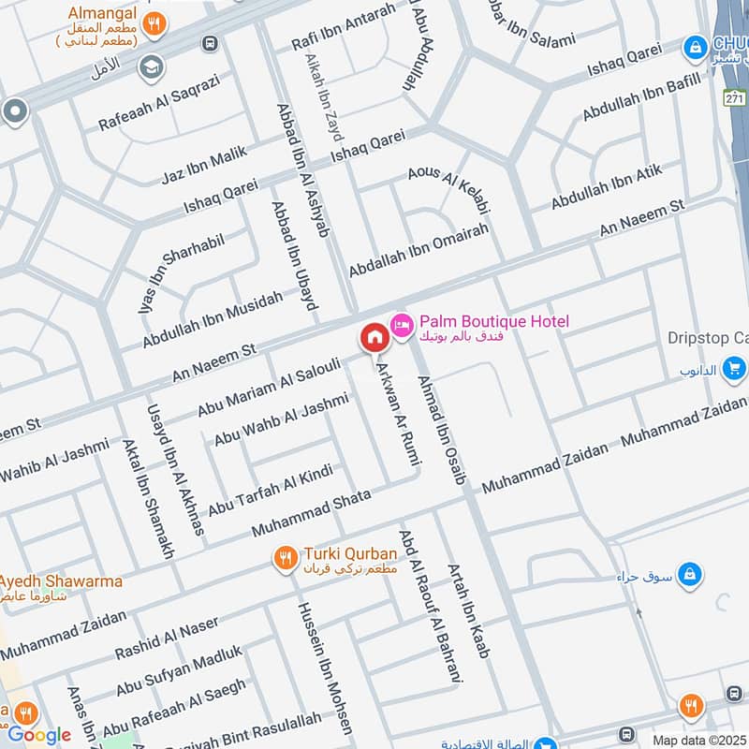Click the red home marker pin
coord(374,337)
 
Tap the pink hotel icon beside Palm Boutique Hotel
coord(401,324)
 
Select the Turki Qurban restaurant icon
coord(286,560)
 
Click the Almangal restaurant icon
coord(157,24)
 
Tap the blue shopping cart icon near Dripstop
coord(735,369)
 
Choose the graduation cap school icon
coord(148,67)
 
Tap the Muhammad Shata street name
coord(311,513)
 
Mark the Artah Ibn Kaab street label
coord(469,609)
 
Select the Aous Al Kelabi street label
coord(449,188)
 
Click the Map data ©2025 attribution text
coord(698,740)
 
